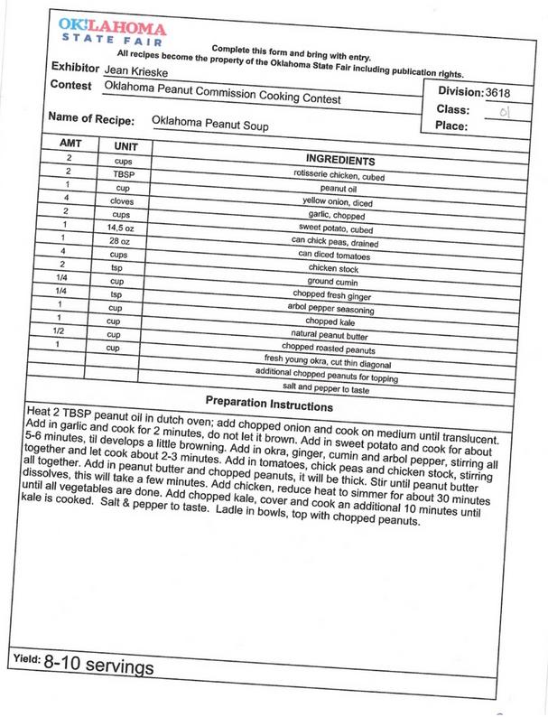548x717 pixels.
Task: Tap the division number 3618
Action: pos(504,92)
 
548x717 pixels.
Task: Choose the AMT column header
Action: pos(70,144)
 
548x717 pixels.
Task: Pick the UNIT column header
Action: pos(125,146)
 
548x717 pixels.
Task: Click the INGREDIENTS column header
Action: pos(341,159)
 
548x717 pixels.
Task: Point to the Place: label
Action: pos(450,126)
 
